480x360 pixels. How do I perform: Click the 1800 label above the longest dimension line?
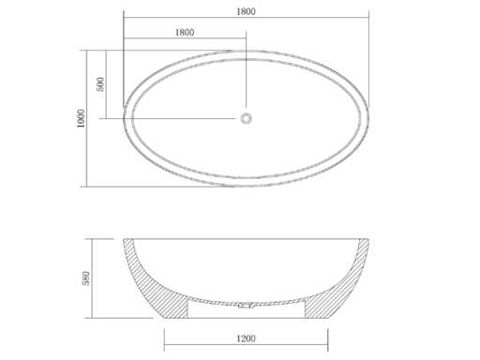[246, 11]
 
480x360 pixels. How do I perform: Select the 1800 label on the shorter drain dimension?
[185, 32]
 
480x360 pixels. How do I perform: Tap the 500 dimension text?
[100, 84]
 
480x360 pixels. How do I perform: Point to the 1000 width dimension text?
[81, 118]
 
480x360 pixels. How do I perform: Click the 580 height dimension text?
[85, 278]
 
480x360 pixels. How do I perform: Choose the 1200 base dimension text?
[246, 338]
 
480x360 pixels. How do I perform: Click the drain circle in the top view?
[246, 118]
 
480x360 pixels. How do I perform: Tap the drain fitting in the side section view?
[246, 305]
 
